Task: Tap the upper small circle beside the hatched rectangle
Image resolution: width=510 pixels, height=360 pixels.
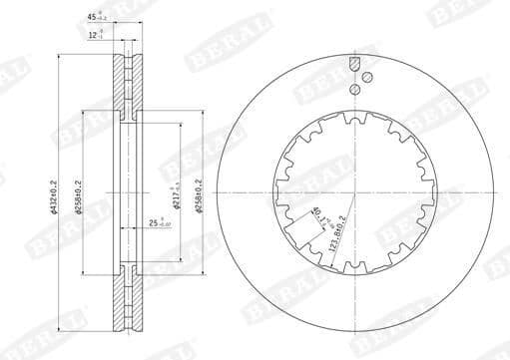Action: [x=367, y=77]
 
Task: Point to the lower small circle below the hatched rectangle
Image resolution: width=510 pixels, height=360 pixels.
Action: [x=354, y=90]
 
